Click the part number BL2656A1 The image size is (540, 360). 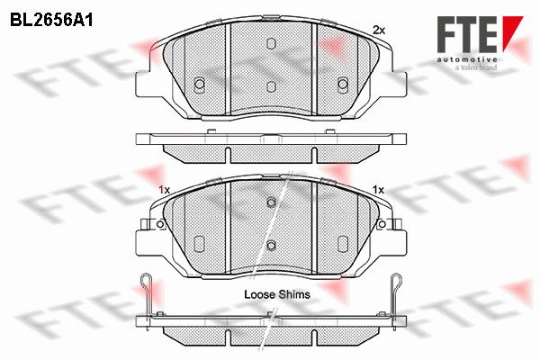[51, 21]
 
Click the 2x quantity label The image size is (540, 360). [379, 31]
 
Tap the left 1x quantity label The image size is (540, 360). [165, 190]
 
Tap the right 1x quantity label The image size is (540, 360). [379, 190]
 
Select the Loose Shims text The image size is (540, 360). [277, 294]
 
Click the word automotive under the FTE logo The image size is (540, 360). [467, 59]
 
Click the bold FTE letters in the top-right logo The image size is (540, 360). [467, 34]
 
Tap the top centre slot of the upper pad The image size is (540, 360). [272, 43]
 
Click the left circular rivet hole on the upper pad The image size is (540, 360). [200, 84]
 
